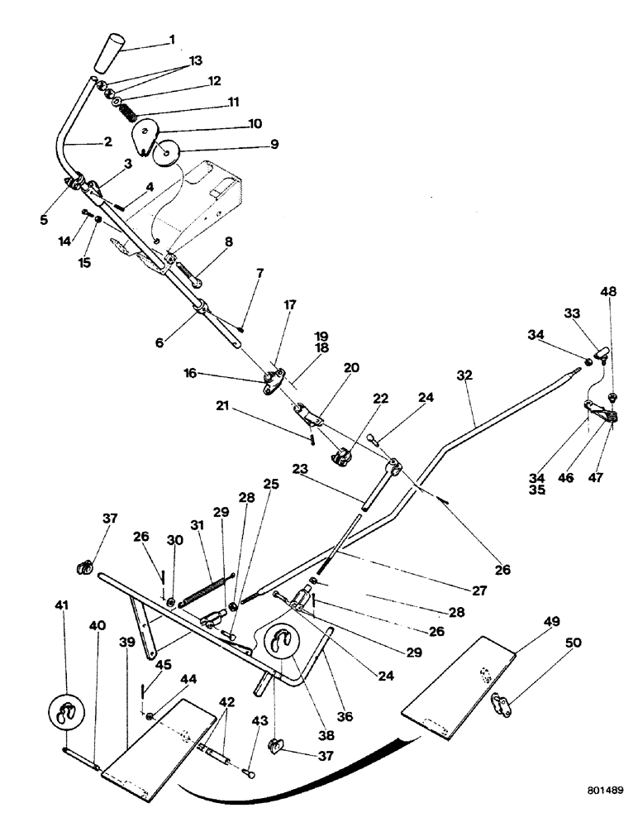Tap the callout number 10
254,124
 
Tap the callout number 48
608,292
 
